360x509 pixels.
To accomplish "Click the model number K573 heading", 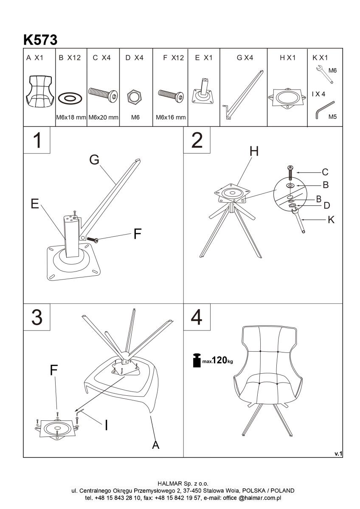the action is [40, 40].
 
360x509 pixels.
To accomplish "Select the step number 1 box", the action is [37, 140].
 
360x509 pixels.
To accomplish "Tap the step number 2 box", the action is [197, 140].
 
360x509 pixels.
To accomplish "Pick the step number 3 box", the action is [37, 317].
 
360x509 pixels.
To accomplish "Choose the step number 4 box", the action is [197, 317].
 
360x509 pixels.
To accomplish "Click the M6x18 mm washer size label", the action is [71, 117].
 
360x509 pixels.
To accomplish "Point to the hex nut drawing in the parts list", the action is [134, 97].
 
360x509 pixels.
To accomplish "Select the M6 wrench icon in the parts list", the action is [325, 74].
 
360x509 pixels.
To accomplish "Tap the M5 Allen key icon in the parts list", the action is [325, 109].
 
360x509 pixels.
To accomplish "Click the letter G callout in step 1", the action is [94, 159].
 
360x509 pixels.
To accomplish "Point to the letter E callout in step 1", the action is [35, 203].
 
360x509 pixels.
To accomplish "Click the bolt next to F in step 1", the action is [93, 240].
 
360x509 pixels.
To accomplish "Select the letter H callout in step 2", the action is [254, 151].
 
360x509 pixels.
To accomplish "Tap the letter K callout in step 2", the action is [331, 220].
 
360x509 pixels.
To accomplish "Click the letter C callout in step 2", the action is [325, 172].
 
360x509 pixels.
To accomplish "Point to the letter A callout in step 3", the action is [155, 444].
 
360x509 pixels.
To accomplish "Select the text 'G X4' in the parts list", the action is [245, 58].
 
